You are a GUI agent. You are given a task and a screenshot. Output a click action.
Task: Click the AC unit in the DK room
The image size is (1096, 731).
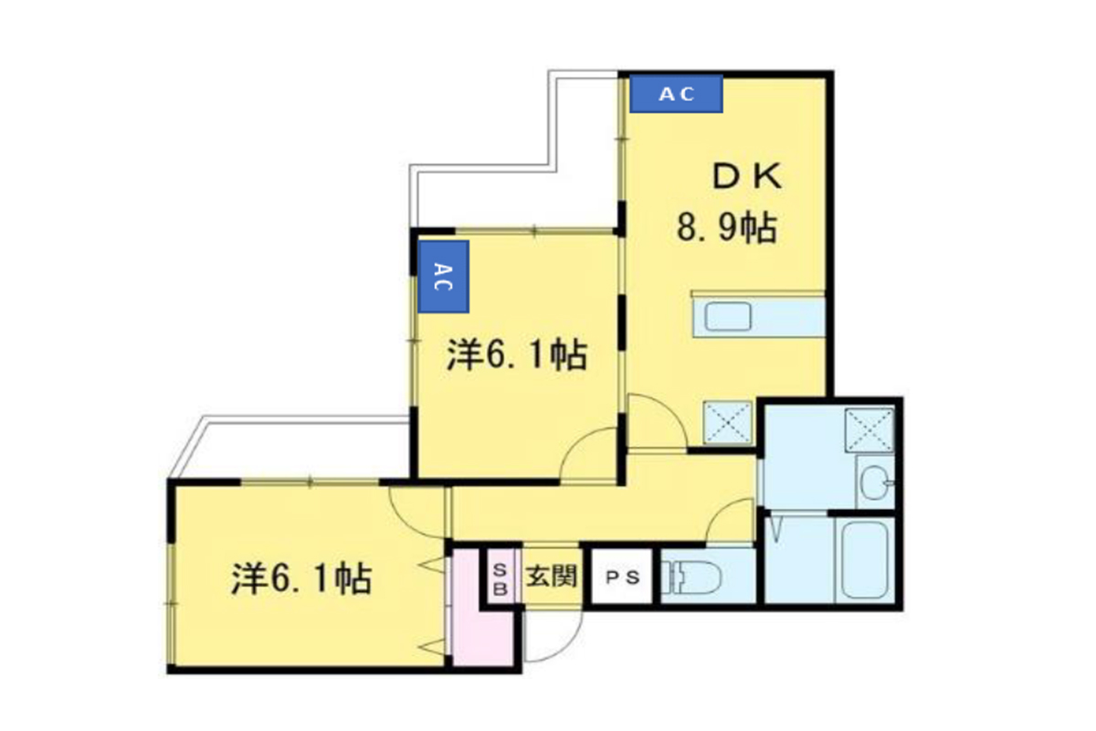click(676, 94)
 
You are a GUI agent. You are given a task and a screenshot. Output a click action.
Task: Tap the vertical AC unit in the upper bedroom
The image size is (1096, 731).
click(443, 277)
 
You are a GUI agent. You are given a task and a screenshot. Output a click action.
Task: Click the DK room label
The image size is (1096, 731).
click(747, 176)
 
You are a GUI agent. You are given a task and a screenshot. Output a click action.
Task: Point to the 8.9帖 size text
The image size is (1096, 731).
click(727, 228)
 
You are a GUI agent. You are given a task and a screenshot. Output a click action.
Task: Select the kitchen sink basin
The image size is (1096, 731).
click(728, 317)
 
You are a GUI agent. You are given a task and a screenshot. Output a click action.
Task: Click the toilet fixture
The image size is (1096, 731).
click(690, 577)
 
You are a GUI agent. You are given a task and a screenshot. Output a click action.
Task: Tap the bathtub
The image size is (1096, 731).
click(865, 559)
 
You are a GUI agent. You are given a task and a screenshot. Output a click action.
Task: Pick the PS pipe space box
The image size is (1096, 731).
click(622, 577)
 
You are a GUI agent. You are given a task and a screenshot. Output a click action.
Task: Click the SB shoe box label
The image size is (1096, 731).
click(500, 578)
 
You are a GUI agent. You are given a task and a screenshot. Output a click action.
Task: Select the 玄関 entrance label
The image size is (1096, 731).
click(552, 577)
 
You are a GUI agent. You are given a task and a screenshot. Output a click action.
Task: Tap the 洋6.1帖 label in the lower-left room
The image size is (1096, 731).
click(302, 579)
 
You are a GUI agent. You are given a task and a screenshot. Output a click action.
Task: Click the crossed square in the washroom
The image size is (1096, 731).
click(869, 429)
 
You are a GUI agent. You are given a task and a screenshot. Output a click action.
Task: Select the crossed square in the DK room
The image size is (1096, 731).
click(727, 422)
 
